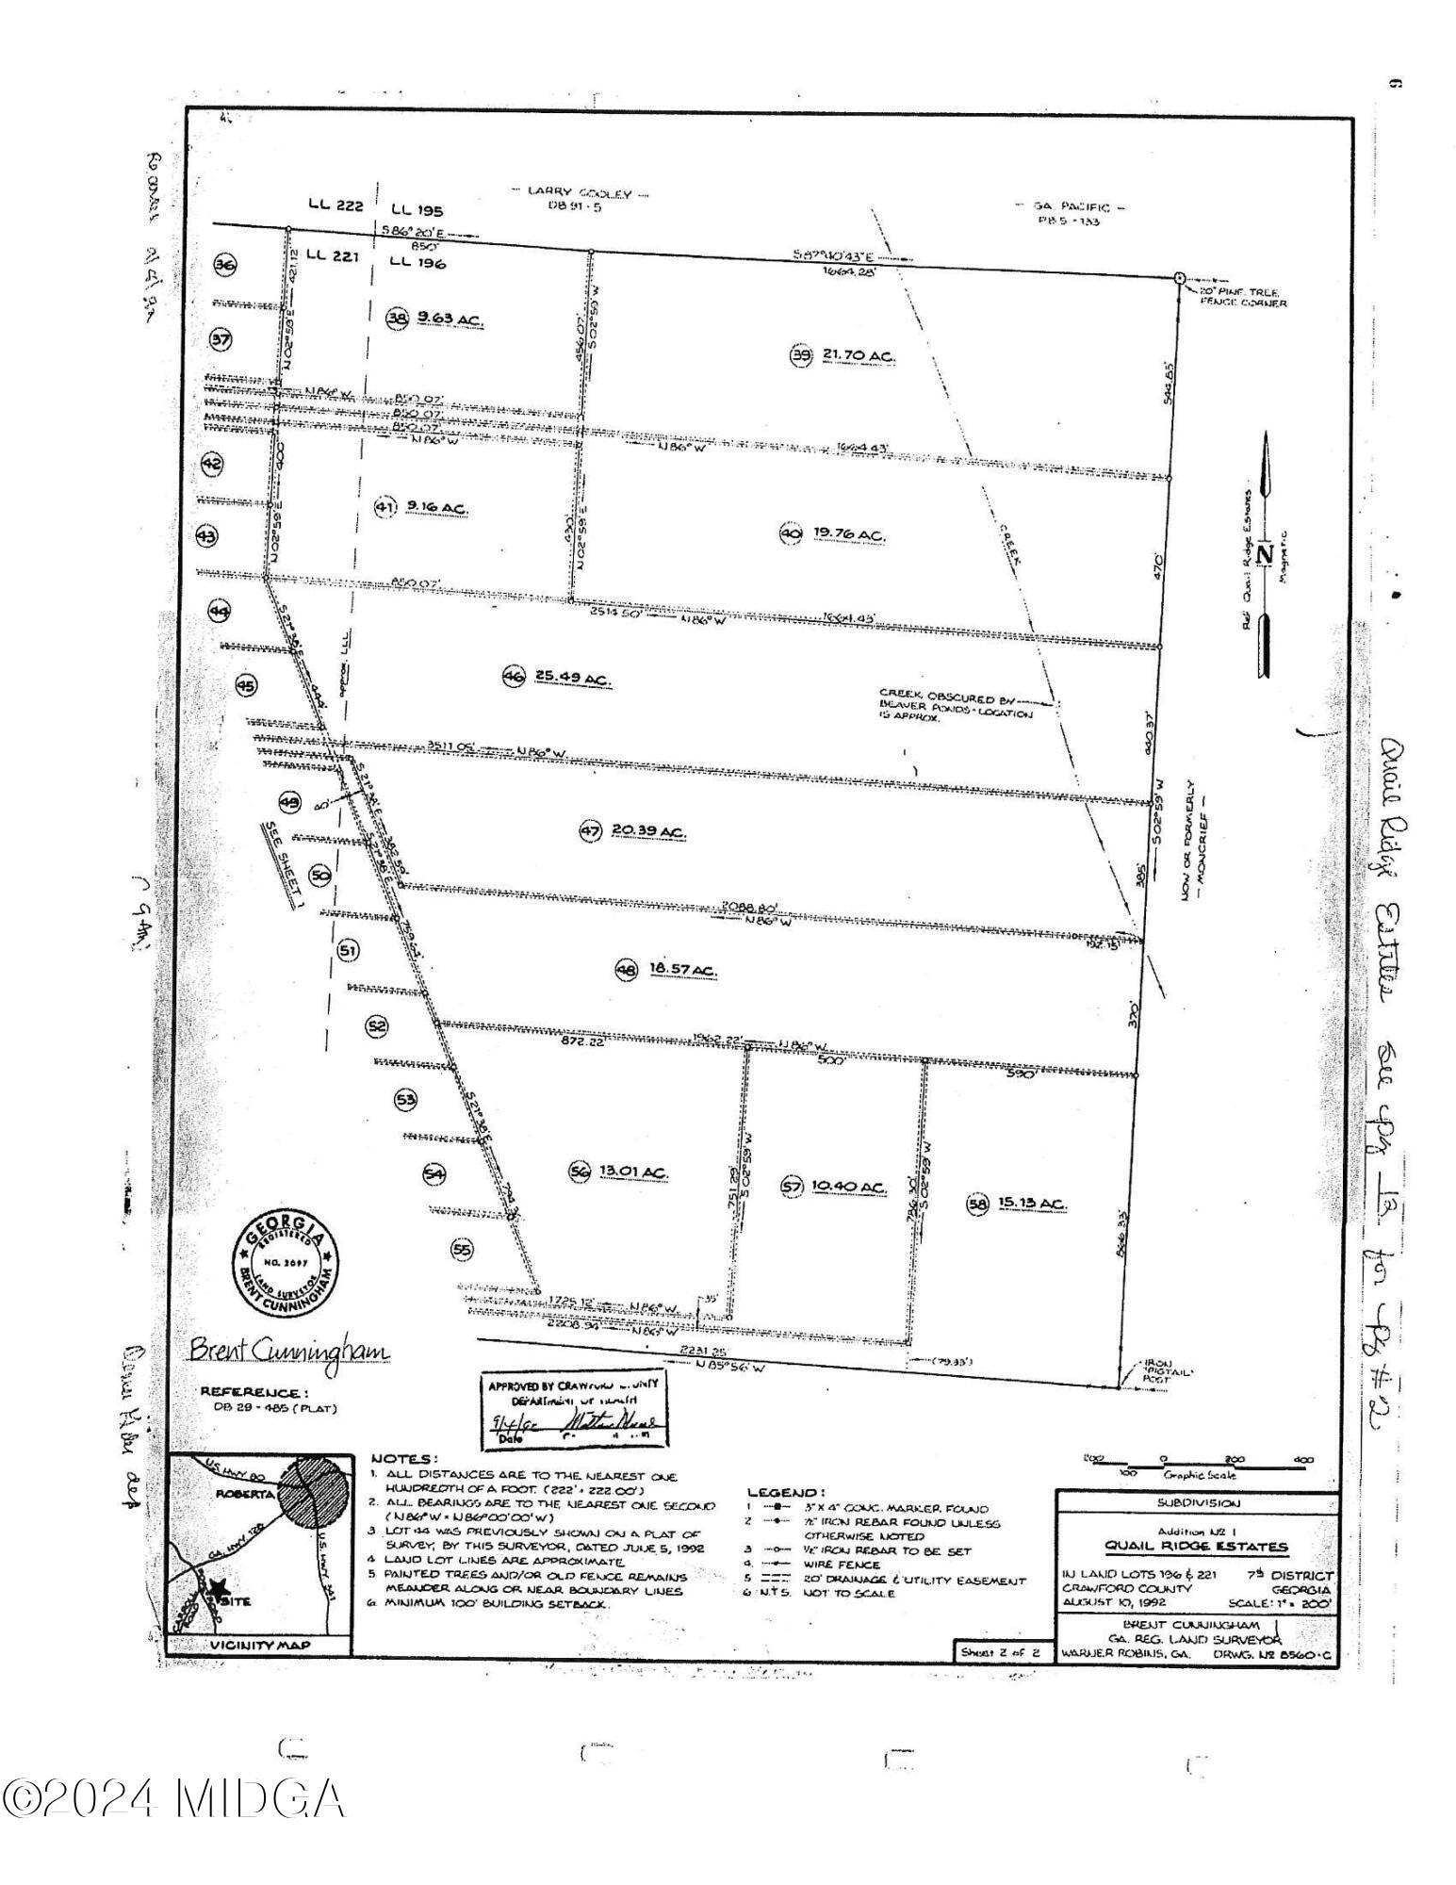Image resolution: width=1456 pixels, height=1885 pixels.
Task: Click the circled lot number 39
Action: (800, 355)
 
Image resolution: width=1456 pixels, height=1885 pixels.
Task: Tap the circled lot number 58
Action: (977, 1204)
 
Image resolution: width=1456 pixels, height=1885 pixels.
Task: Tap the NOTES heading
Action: (403, 1458)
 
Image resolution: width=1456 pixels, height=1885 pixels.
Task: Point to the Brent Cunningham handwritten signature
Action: (289, 1351)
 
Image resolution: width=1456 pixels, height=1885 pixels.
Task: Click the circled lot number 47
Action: (590, 830)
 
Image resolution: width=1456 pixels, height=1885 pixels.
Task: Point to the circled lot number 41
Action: (385, 508)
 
